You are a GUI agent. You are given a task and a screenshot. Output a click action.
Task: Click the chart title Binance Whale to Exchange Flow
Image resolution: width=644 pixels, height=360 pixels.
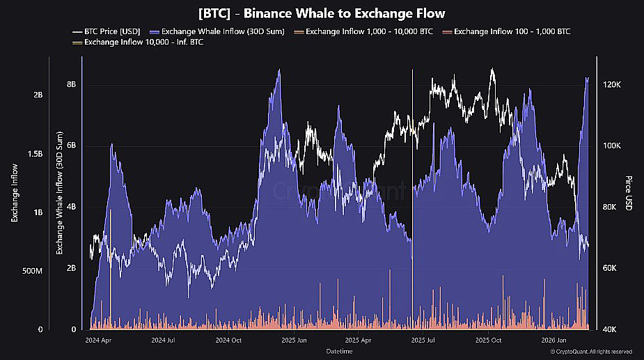[321, 13]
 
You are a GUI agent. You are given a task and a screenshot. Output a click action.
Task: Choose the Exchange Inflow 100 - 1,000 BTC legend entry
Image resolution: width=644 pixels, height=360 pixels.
[512, 31]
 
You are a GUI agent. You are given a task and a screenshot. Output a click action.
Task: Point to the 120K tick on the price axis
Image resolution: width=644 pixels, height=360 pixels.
[611, 84]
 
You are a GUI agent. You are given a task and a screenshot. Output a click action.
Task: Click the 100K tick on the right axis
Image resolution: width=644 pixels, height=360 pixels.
[611, 146]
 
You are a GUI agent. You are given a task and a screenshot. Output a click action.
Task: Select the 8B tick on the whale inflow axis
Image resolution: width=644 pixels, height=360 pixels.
[71, 84]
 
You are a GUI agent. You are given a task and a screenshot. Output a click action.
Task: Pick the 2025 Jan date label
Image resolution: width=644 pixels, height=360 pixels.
[291, 341]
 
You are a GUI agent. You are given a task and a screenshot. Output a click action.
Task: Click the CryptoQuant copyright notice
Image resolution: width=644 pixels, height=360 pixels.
[591, 352]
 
